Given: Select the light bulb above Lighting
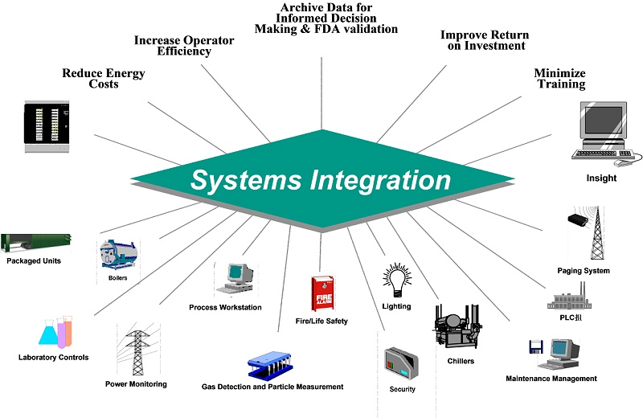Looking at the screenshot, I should pos(396,281).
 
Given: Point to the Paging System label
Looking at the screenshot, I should pos(583,271).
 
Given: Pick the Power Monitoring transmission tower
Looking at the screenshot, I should pos(135,350).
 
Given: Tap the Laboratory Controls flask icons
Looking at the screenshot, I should pos(55,332).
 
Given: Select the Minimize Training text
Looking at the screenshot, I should pos(560,79).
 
